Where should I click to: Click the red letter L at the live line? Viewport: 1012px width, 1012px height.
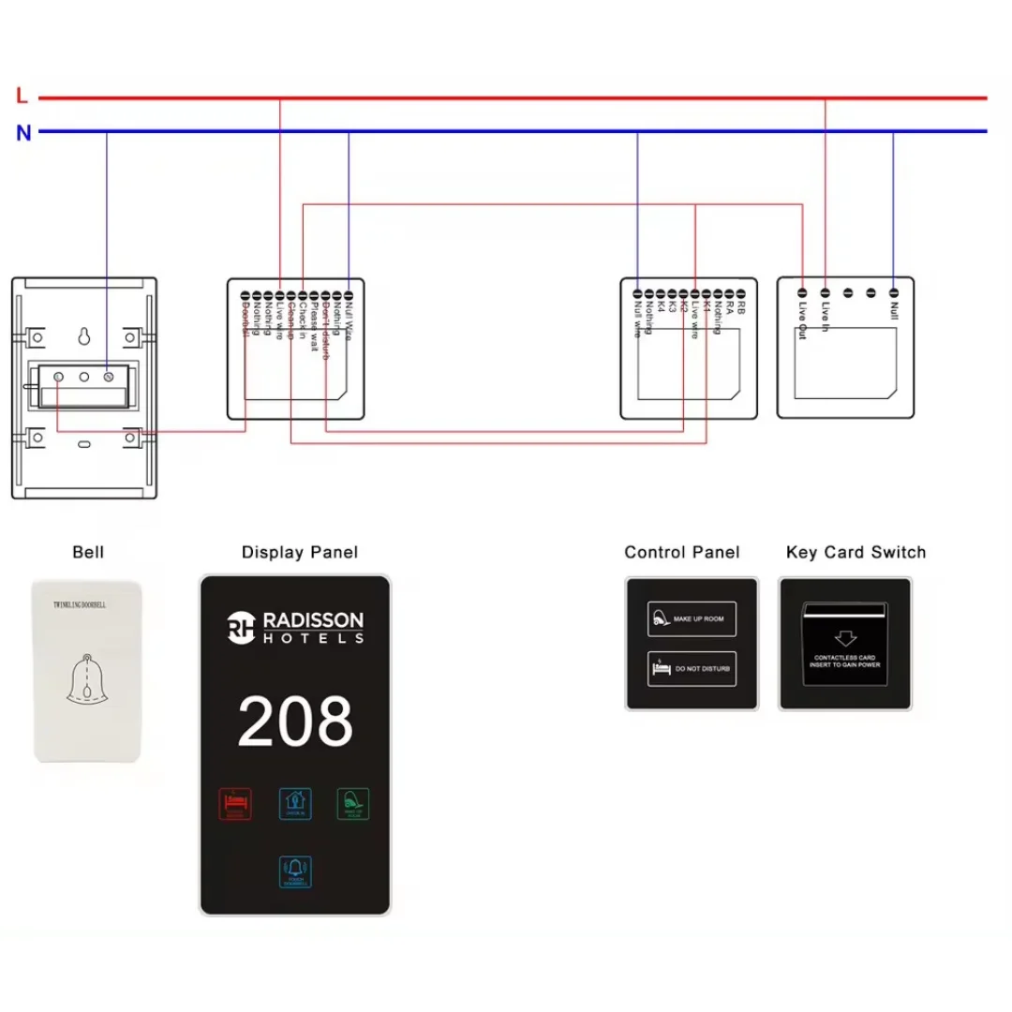click(x=22, y=96)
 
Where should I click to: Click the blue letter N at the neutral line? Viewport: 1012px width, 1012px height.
click(x=23, y=133)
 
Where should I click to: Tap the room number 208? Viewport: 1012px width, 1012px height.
click(x=295, y=722)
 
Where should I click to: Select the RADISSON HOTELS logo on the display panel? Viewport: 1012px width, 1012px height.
click(x=295, y=627)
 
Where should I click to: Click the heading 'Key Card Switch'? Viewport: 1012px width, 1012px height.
click(x=856, y=553)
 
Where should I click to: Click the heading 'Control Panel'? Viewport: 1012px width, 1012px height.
click(x=681, y=553)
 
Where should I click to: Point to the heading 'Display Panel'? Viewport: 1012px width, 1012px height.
click(x=300, y=553)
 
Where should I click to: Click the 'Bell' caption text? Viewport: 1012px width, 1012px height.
click(x=88, y=553)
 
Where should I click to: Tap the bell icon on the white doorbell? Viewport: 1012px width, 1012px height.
click(x=86, y=679)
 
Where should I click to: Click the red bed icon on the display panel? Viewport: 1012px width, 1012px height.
click(x=235, y=804)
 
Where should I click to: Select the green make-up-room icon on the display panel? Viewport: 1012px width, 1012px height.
click(x=353, y=804)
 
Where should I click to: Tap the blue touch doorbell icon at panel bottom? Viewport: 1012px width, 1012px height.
click(x=295, y=871)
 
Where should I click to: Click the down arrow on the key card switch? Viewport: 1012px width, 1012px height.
click(x=846, y=638)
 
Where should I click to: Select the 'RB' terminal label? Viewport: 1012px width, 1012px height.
click(x=740, y=306)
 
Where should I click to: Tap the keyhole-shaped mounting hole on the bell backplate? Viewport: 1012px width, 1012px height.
click(x=83, y=335)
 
